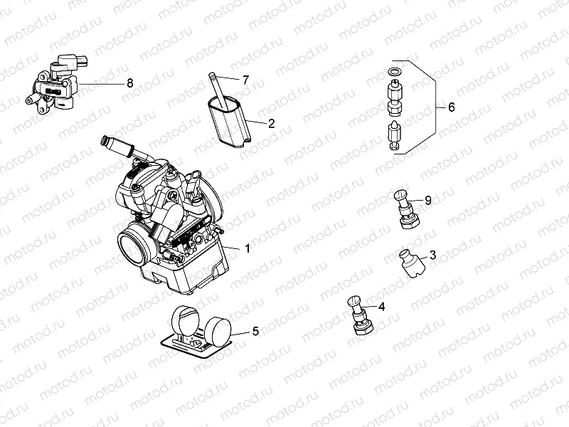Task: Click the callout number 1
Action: click(x=248, y=249)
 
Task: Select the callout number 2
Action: click(x=271, y=123)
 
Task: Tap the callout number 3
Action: click(x=432, y=255)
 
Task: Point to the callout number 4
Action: click(x=382, y=307)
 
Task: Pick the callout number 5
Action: click(x=255, y=331)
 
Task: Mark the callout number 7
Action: click(x=245, y=80)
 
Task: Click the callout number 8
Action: click(x=129, y=83)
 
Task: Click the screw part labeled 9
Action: click(x=405, y=207)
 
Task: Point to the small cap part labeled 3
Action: click(x=410, y=263)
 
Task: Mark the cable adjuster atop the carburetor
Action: click(x=122, y=145)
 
